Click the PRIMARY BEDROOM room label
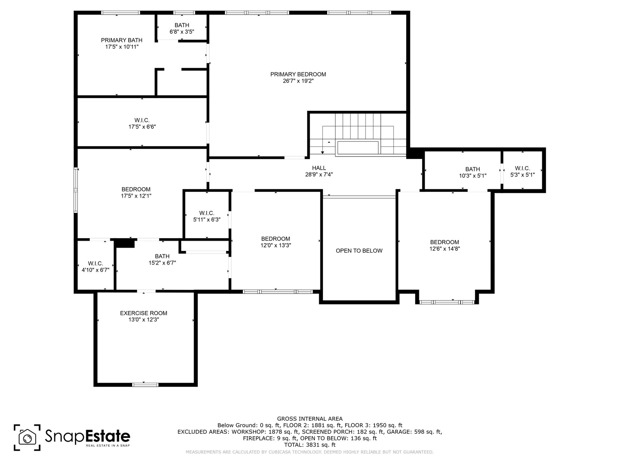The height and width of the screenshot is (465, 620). click(x=298, y=74)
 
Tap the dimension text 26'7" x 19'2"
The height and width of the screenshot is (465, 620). click(x=298, y=81)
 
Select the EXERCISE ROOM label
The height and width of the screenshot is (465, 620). click(x=144, y=313)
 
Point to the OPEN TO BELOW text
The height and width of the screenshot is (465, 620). click(x=359, y=251)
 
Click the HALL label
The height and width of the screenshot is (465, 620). click(x=319, y=168)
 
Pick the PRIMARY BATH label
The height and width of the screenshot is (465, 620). click(x=122, y=40)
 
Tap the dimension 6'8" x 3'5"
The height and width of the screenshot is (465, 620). click(x=182, y=32)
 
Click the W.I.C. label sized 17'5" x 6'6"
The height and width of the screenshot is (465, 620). click(x=142, y=120)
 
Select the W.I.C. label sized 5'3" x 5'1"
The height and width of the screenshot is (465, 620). click(x=522, y=168)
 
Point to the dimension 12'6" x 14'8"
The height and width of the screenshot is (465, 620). click(x=445, y=249)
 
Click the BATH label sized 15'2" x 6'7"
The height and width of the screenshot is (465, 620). click(x=162, y=256)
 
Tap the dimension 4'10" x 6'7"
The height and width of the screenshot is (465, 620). click(x=96, y=270)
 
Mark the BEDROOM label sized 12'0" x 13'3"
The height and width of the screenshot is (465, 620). click(x=276, y=239)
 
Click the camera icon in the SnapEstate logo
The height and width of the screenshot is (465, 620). click(x=27, y=438)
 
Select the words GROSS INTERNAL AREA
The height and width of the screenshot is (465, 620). click(x=310, y=419)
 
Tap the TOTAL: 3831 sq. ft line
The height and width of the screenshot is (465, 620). click(x=310, y=445)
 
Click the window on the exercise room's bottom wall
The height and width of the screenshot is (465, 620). click(x=145, y=385)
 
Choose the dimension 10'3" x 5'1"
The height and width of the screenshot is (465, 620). click(x=473, y=176)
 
